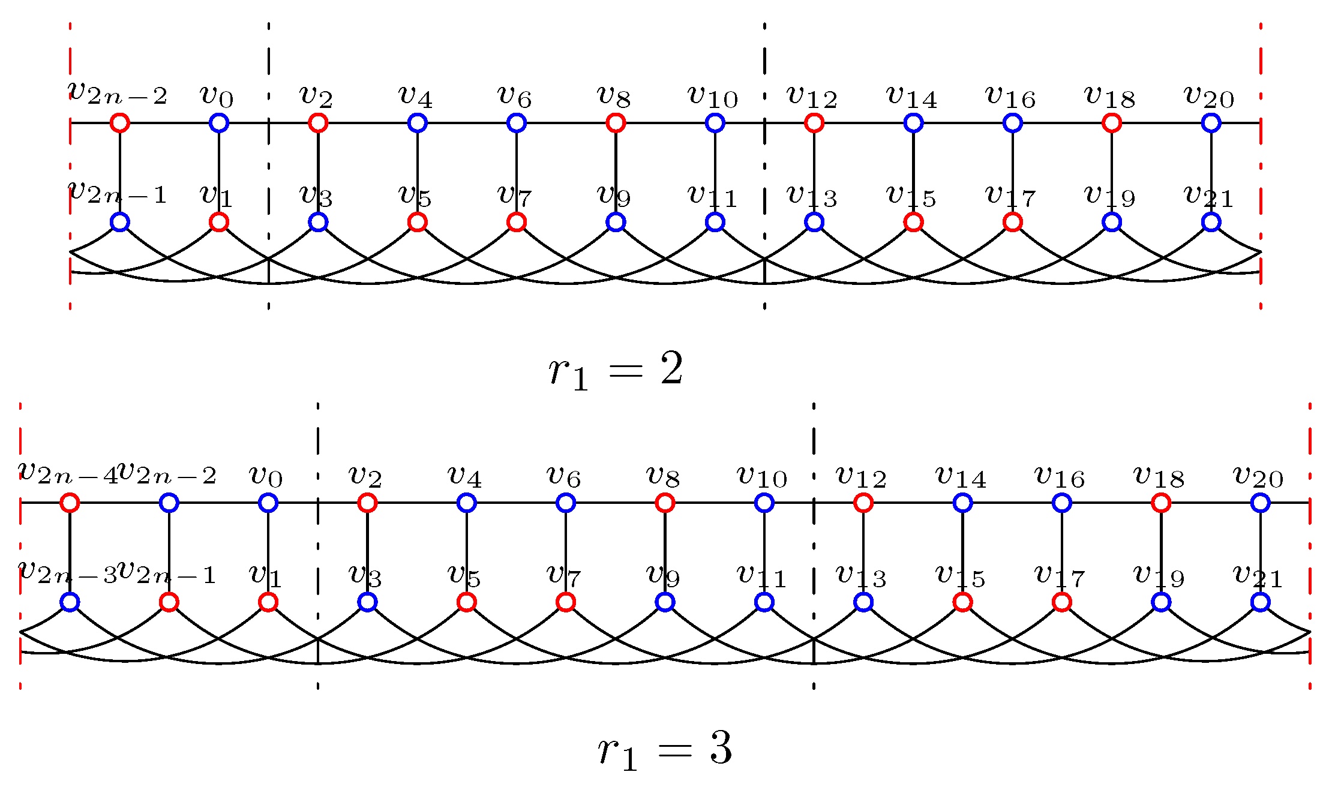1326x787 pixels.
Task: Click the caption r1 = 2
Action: click(x=616, y=371)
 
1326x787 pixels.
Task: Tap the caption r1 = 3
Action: click(x=665, y=750)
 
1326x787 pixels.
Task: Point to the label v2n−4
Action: click(x=67, y=473)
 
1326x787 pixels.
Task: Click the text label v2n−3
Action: click(x=67, y=572)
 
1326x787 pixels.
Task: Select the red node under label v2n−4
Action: click(x=70, y=503)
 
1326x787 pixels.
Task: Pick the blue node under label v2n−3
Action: click(x=70, y=602)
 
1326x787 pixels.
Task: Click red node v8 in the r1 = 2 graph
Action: click(x=616, y=123)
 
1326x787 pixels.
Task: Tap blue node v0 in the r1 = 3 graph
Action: click(x=268, y=503)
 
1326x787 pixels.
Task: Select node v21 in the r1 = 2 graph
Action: click(x=1211, y=223)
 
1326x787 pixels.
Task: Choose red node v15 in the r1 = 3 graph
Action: click(x=962, y=602)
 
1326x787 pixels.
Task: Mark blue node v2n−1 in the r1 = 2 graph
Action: click(x=120, y=223)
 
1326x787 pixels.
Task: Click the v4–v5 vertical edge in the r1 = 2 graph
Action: click(x=418, y=173)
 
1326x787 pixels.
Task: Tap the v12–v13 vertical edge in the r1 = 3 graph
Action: click(x=863, y=552)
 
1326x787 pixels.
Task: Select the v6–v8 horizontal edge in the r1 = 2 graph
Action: click(x=566, y=123)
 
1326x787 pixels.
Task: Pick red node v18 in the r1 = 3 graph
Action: click(x=1161, y=503)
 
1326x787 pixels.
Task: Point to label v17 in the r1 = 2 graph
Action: click(x=1010, y=196)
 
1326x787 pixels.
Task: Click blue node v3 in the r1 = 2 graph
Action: click(x=318, y=223)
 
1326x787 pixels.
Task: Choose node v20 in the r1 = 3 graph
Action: click(x=1261, y=503)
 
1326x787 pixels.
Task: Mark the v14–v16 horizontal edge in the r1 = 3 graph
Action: click(x=1012, y=503)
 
